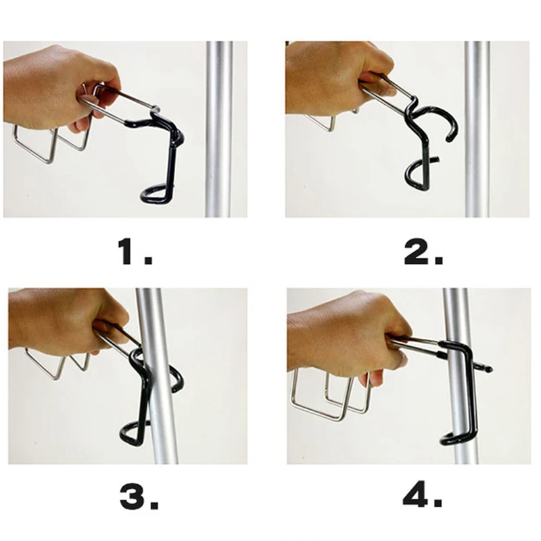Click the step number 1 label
[135, 252]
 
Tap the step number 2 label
[423, 252]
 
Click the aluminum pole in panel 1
[219, 129]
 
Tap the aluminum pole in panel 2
[477, 129]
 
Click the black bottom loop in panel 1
[157, 195]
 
